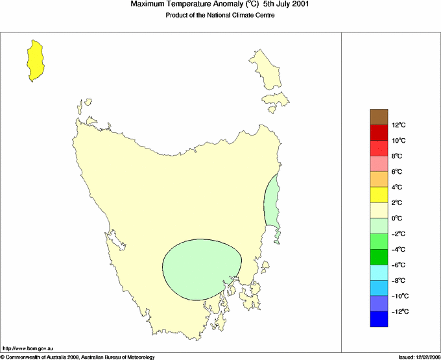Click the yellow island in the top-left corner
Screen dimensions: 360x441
35,60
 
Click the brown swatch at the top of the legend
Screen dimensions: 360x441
379,117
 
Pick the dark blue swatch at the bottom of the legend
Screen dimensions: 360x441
379,319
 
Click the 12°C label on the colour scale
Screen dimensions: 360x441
398,125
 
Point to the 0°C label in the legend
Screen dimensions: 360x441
398,219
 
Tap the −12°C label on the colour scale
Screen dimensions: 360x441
399,312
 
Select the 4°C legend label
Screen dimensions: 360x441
398,187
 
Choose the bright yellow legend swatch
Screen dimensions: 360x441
379,195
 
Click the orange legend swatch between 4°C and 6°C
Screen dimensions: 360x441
379,179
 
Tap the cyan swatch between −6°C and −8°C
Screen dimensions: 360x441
379,272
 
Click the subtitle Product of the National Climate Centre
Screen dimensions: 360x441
220,16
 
